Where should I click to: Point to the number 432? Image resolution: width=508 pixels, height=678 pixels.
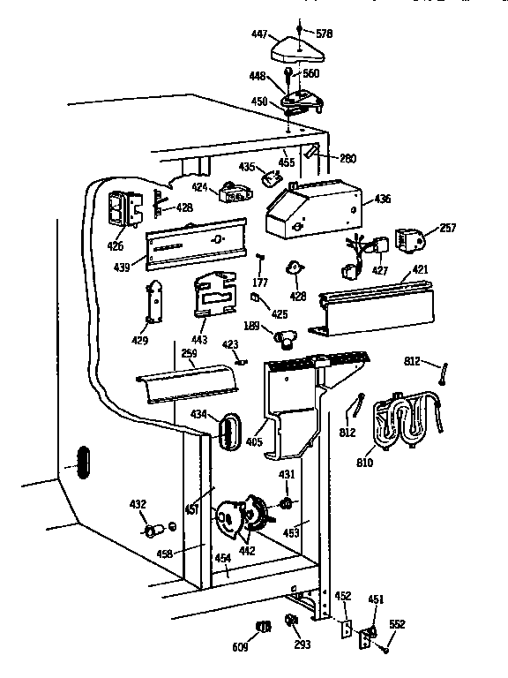pos(138,504)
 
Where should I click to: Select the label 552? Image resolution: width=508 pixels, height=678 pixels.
pos(399,624)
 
